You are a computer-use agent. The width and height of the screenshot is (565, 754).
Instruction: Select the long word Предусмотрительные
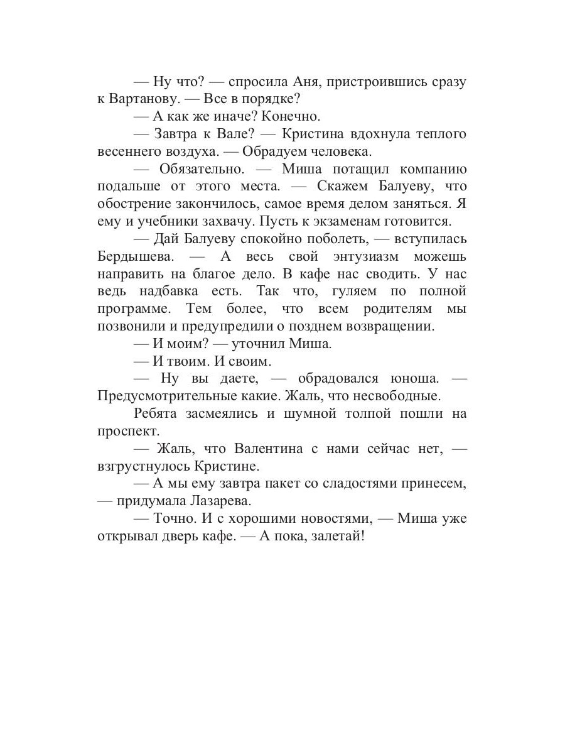pos(162,396)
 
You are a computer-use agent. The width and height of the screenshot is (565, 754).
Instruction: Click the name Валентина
pos(269,449)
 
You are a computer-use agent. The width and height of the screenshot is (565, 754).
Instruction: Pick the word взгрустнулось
pos(141,466)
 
